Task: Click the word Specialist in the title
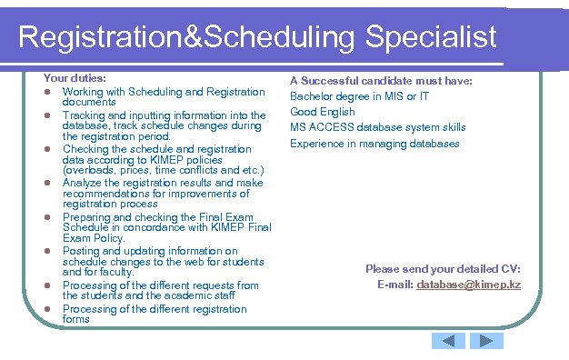[x=432, y=36]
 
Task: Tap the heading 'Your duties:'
[x=75, y=79]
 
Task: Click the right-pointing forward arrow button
[x=485, y=341]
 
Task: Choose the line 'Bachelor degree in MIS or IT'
[x=360, y=96]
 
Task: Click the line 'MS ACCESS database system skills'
[x=378, y=127]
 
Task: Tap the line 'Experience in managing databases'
[x=374, y=143]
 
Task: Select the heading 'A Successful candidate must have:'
[x=381, y=81]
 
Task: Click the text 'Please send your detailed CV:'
[x=443, y=269]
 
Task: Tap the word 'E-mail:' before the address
[x=394, y=285]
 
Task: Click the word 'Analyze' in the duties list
[x=81, y=183]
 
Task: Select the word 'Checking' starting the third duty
[x=84, y=149]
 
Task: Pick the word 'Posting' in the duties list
[x=79, y=251]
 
